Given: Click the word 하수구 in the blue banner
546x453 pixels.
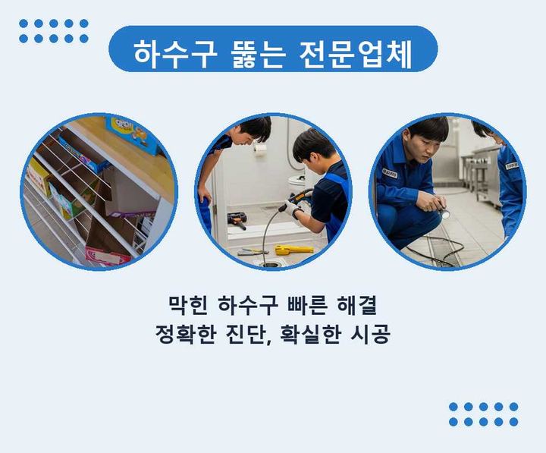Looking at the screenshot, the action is pos(175,55).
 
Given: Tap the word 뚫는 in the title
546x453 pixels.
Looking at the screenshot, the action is pos(258,55).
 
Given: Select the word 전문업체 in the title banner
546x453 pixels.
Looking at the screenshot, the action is pos(356,55).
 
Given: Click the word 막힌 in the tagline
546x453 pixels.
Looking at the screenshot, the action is pos(188,305).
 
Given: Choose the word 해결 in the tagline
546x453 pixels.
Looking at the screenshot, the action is pos(357,305).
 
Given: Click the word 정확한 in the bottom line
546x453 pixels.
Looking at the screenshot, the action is pos(185,334).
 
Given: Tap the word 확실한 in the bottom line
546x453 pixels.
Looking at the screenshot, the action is pos(310,334).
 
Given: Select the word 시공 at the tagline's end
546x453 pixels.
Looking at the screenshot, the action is pos(370,334).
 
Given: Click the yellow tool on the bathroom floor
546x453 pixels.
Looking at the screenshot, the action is pos(293,250).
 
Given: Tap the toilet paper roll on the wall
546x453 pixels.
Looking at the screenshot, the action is pos(260,149).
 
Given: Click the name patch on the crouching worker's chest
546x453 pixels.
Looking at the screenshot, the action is pos(389,173).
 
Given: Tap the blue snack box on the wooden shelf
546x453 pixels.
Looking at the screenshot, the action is pos(132,135).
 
